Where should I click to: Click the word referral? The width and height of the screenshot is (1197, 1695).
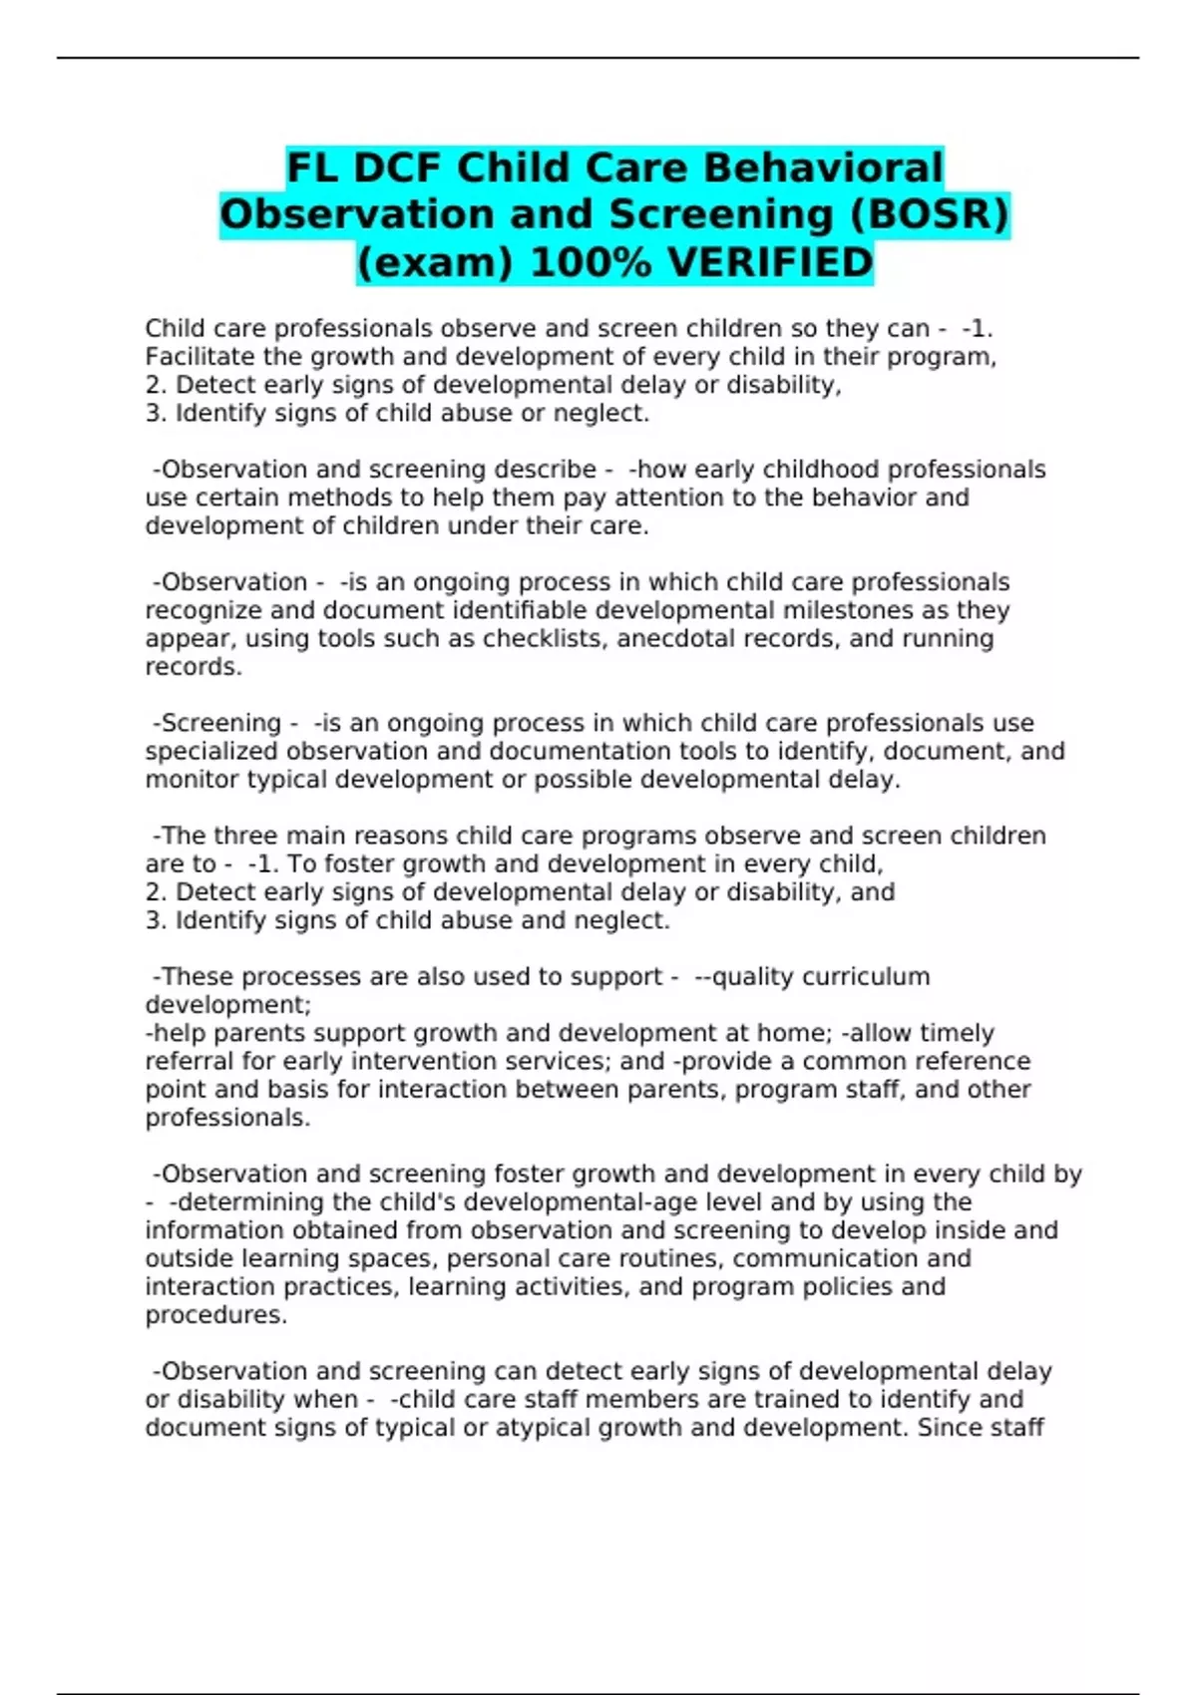pyautogui.click(x=181, y=1062)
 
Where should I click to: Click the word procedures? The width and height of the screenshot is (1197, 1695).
pyautogui.click(x=215, y=1316)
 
